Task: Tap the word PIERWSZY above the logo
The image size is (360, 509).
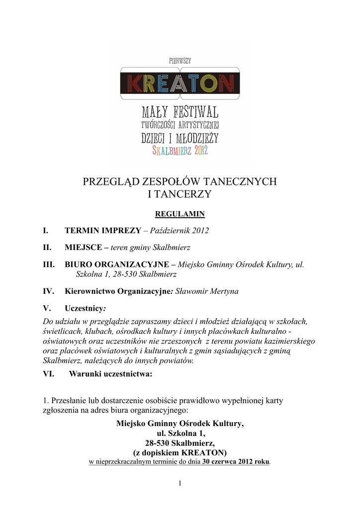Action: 180,60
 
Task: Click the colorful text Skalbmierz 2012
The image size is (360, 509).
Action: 180,150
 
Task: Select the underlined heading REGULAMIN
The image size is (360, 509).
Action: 180,214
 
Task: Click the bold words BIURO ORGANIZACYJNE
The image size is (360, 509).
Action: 117,264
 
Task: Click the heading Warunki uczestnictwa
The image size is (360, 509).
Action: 110,374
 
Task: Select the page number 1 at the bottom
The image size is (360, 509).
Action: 180,483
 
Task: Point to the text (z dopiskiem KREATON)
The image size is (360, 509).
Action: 180,452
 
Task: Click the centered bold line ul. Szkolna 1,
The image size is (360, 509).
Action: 180,433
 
